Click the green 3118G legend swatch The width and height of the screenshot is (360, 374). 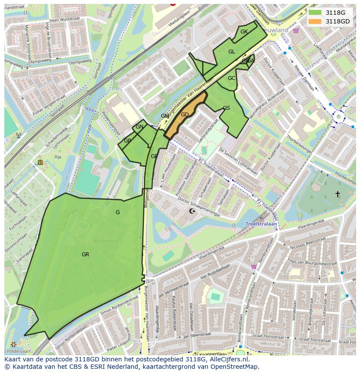(x=315, y=13)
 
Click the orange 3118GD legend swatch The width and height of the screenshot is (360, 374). (x=315, y=21)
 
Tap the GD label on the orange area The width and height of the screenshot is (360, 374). (x=185, y=115)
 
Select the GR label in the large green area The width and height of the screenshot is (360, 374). (x=85, y=255)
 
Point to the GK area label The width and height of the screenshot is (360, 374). (x=244, y=32)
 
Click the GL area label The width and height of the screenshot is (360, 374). (x=232, y=52)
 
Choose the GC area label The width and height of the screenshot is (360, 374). (x=231, y=78)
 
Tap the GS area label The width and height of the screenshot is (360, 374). (x=226, y=108)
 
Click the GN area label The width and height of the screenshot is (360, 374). (x=140, y=127)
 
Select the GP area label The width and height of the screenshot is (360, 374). (x=127, y=141)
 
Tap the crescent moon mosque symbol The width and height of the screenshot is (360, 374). (x=193, y=212)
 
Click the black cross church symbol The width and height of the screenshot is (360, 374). (x=337, y=194)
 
